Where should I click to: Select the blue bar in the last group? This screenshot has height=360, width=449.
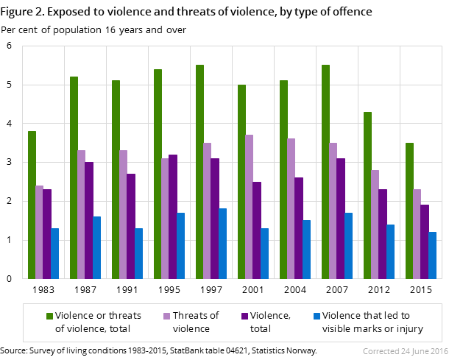pos(433,255)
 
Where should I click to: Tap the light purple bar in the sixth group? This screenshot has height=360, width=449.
pos(250,207)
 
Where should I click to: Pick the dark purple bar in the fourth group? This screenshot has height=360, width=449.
pos(173,216)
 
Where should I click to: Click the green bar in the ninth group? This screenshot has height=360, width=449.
pos(367,195)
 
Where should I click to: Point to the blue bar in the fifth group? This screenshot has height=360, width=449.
pos(222,244)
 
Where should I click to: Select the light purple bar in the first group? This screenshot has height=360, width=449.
pos(39,232)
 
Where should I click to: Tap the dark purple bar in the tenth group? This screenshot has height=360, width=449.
pos(425,241)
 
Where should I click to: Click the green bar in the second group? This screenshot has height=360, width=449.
pos(74,177)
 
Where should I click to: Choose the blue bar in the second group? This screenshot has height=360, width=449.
pos(96,247)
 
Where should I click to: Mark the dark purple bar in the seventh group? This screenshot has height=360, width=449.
pos(299,228)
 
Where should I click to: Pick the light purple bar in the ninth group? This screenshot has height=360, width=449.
pos(375,225)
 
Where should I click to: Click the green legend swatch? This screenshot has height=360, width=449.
pos(49,316)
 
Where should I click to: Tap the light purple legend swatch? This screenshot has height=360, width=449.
pos(166,316)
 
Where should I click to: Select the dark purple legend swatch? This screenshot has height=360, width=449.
pos(244,316)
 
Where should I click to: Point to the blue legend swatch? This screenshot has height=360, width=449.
pos(317,316)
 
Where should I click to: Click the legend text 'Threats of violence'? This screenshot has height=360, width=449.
pos(195,322)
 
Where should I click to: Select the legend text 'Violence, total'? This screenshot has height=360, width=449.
pos(270,322)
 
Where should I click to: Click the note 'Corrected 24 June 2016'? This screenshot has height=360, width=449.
pos(404,352)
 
